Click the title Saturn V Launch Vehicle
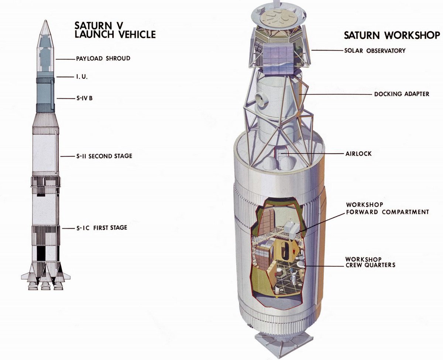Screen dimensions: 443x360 point(114,30)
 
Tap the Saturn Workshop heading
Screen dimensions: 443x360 point(392,35)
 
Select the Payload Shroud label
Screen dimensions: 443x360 point(103,58)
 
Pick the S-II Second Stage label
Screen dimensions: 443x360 point(104,156)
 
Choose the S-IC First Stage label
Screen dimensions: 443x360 point(102,228)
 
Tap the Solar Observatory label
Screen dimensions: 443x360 point(374,51)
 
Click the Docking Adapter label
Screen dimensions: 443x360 point(402,94)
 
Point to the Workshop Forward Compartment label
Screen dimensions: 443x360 point(387,208)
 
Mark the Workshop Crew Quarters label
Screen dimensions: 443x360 point(370,262)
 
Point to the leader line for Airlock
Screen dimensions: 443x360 point(310,153)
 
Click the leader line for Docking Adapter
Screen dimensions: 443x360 point(336,94)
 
